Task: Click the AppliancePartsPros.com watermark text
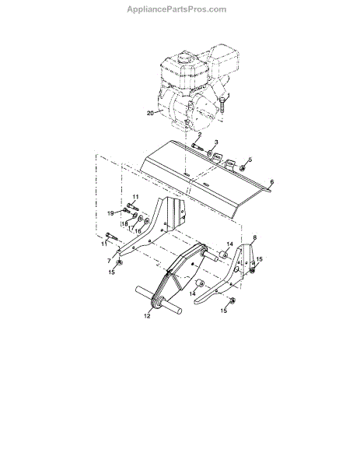pyautogui.click(x=177, y=9)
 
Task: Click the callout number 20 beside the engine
pyautogui.click(x=151, y=113)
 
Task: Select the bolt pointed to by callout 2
pyautogui.click(x=197, y=147)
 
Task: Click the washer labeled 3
pyautogui.click(x=210, y=153)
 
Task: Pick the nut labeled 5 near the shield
pyautogui.click(x=242, y=168)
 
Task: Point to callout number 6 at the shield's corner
pyautogui.click(x=271, y=181)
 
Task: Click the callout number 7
pyautogui.click(x=109, y=261)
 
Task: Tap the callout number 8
pyautogui.click(x=255, y=237)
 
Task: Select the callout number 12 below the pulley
pyautogui.click(x=147, y=316)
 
